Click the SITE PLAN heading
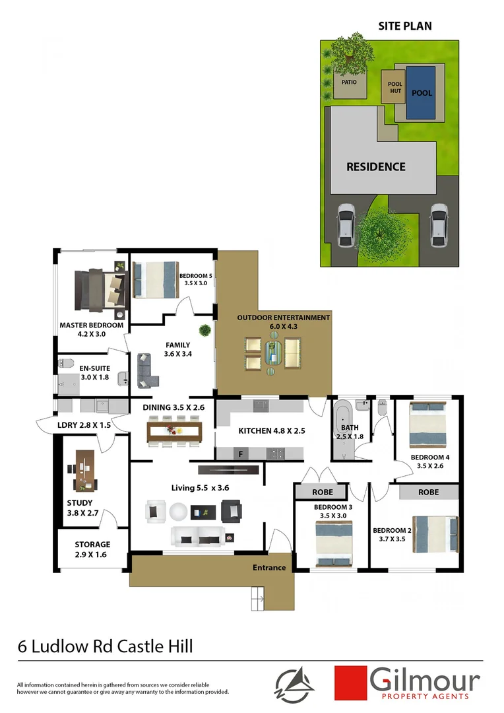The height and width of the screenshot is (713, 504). (x=404, y=26)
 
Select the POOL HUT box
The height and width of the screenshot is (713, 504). (x=394, y=87)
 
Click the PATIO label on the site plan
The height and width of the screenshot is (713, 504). (x=350, y=84)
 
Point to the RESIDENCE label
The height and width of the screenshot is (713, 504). (x=376, y=167)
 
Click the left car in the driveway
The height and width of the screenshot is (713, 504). (x=346, y=224)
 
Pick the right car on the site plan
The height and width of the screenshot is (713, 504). (x=440, y=224)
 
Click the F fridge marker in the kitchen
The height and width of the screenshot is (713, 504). (x=241, y=454)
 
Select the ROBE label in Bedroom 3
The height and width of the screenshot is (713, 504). (x=320, y=492)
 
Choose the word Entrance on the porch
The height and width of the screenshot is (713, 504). (x=269, y=568)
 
